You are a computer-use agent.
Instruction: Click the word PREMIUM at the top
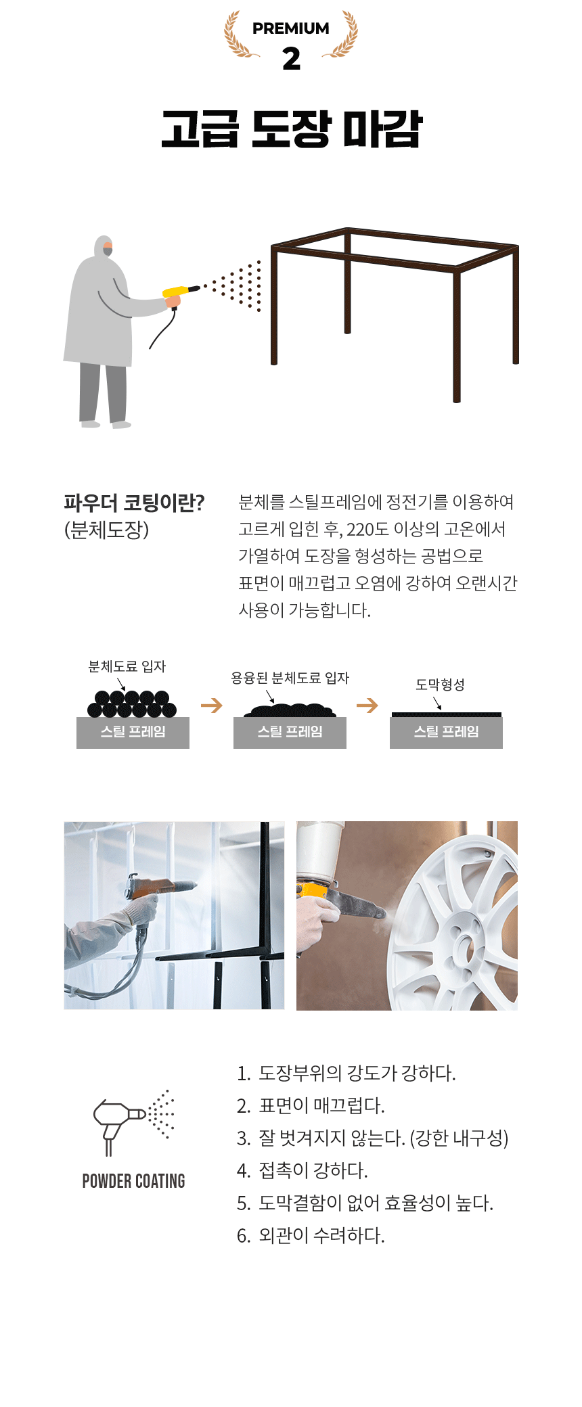(x=291, y=28)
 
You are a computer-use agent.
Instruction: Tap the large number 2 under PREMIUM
(x=291, y=59)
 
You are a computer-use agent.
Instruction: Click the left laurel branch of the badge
(x=240, y=34)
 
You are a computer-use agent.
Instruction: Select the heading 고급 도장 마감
(x=292, y=129)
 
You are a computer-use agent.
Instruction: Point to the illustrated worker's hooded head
(x=103, y=247)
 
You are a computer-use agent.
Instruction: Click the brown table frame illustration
(x=395, y=311)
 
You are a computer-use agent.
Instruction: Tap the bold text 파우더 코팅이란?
(x=134, y=503)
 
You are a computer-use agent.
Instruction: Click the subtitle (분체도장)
(x=106, y=530)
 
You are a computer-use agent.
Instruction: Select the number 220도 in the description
(x=367, y=529)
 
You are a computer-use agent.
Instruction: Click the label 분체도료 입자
(x=127, y=666)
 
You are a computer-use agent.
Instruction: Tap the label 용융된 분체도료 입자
(x=290, y=678)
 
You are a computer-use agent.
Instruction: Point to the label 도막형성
(x=440, y=685)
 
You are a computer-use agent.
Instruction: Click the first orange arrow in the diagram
(x=212, y=706)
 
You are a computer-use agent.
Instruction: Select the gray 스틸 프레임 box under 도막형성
(x=446, y=733)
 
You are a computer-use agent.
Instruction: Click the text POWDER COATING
(x=133, y=1181)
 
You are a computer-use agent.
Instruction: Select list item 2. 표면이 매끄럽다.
(x=311, y=1105)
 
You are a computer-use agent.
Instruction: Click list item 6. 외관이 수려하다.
(x=311, y=1235)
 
